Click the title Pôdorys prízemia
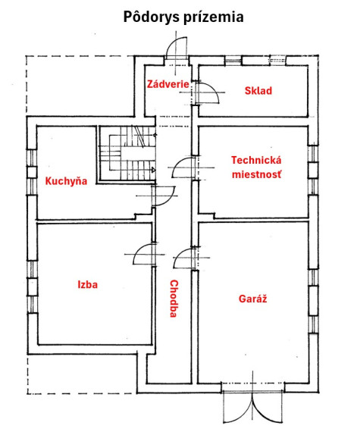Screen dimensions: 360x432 click(183, 17)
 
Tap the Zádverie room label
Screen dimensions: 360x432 click(168, 84)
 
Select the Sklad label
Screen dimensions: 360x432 click(258, 91)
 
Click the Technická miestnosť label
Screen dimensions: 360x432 click(256, 167)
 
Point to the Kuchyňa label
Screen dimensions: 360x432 click(66, 181)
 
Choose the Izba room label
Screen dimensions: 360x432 click(88, 284)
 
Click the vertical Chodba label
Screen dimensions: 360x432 click(174, 299)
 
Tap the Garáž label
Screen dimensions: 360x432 click(253, 299)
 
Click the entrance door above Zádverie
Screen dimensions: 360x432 click(177, 48)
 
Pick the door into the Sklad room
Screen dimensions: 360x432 click(207, 93)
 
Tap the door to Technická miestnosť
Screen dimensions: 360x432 click(183, 167)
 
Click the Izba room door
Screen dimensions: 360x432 click(144, 255)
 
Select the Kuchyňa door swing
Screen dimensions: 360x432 click(164, 196)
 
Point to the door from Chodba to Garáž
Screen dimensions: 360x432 click(184, 258)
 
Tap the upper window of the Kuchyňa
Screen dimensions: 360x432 click(32, 158)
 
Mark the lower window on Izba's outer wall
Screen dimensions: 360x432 click(32, 304)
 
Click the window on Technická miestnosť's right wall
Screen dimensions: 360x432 click(313, 171)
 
